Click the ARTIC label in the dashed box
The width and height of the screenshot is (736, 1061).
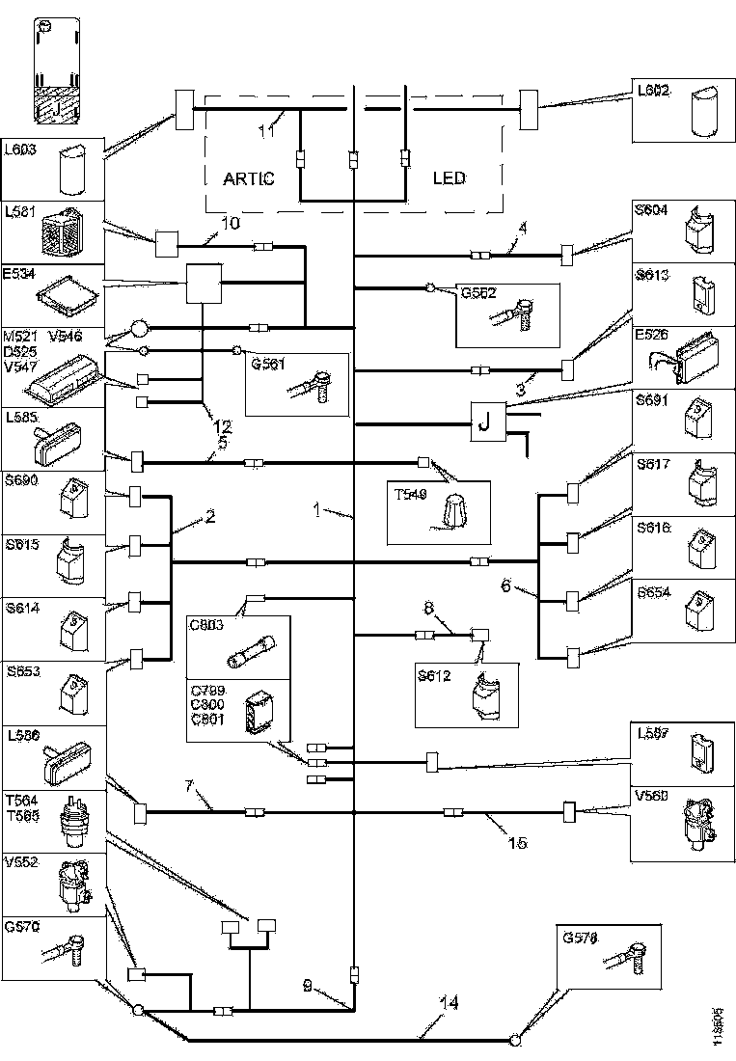(249, 178)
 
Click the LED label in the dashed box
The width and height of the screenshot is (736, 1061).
(449, 178)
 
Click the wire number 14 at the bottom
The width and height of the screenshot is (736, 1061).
(448, 1003)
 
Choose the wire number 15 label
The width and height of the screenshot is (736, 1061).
(516, 842)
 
